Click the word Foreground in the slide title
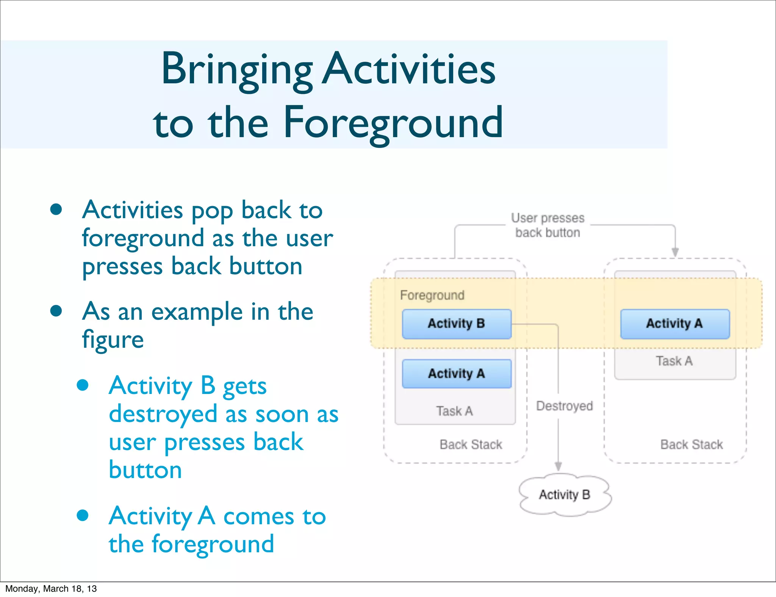point(393,122)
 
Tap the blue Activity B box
point(457,324)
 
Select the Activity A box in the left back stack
point(457,374)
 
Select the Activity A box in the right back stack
point(674,324)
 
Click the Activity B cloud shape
point(565,495)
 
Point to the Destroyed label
point(564,406)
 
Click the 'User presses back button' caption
point(548,225)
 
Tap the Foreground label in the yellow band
point(432,295)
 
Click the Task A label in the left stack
point(454,411)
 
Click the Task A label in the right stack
point(674,361)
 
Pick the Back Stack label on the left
point(471,444)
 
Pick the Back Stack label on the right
point(692,444)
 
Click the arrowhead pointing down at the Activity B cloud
point(558,466)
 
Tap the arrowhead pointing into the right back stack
point(675,252)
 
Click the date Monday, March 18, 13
point(51,589)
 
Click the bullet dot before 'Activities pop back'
point(56,209)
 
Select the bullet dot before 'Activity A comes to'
point(83,515)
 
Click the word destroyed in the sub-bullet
point(163,414)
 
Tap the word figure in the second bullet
point(113,339)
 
